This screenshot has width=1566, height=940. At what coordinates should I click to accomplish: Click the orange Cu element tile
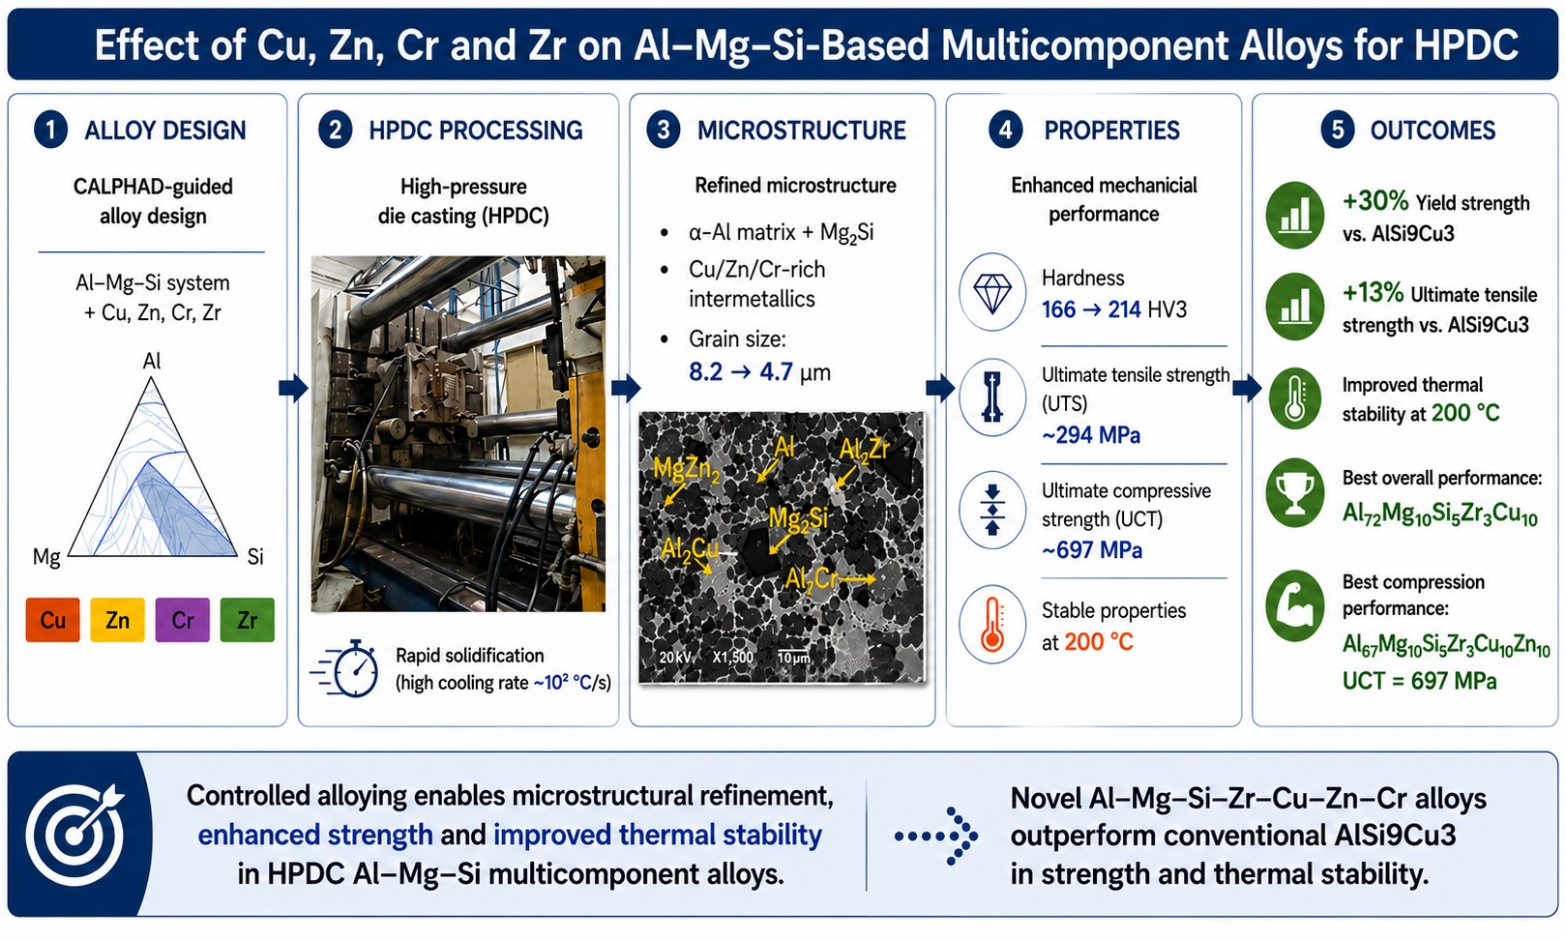point(52,619)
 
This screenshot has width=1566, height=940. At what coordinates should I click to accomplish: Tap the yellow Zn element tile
point(117,619)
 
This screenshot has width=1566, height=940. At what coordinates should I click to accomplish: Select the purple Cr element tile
point(183,619)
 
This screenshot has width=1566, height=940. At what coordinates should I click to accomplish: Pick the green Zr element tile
point(247,619)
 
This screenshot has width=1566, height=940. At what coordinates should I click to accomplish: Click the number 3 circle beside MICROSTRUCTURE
point(663,130)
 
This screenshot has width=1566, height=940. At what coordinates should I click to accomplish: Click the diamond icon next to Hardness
point(992,291)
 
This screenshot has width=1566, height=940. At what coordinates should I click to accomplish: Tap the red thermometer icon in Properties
point(992,624)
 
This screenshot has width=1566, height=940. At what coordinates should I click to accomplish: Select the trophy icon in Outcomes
point(1295,492)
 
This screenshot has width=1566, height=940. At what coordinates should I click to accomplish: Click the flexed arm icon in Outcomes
point(1295,606)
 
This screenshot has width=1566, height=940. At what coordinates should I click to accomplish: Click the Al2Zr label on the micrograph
point(864,450)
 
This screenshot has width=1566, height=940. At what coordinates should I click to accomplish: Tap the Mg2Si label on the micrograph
point(798,519)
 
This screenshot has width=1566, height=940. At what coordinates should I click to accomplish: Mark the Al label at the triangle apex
point(152,361)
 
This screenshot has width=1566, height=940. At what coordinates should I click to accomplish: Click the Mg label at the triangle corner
point(46,557)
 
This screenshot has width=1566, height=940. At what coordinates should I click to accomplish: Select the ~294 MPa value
point(1091,435)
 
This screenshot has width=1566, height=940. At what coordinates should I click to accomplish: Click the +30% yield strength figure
point(1375,201)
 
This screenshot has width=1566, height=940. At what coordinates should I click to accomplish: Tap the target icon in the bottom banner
point(75,835)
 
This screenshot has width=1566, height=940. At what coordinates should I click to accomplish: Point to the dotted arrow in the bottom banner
point(936,836)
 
